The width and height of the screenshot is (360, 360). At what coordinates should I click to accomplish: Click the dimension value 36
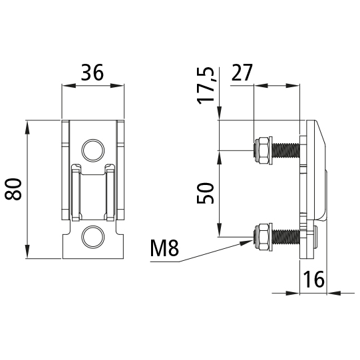pos(92,73)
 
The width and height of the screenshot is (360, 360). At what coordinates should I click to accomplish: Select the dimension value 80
pos(14,190)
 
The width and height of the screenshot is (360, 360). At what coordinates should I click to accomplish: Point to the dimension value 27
pos(242,73)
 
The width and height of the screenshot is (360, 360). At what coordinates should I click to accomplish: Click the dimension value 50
pos(208,194)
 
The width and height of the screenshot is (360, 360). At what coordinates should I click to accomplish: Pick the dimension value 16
pos(313,279)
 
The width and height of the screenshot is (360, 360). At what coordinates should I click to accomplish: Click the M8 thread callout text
pos(164,249)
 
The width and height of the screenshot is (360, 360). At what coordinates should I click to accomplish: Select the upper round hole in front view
pos(92,150)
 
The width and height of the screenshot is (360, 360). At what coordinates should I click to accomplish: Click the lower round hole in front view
pos(92,236)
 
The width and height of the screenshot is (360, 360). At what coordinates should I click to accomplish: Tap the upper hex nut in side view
pos(262,150)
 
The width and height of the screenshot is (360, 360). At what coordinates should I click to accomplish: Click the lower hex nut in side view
pos(262,237)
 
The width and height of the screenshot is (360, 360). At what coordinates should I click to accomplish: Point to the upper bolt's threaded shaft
pos(286,150)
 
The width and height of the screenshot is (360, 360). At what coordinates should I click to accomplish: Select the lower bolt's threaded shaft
pos(286,237)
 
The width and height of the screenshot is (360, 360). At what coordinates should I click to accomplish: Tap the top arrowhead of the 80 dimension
pos(28,125)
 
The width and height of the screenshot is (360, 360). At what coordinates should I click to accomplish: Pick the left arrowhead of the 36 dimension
pos(65,85)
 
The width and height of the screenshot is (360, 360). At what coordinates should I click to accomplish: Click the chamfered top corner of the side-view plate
pos(320,130)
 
